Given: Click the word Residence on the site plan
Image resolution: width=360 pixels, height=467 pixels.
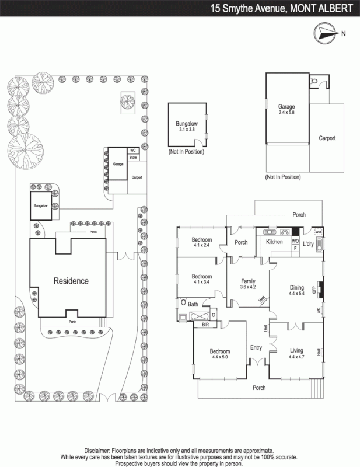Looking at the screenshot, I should coord(71,281).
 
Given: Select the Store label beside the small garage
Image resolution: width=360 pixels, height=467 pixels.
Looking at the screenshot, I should coord(133,158).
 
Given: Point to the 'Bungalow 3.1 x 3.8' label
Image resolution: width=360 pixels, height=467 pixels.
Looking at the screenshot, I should coord(187,127).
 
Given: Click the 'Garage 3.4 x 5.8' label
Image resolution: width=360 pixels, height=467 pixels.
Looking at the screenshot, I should coord(286,110).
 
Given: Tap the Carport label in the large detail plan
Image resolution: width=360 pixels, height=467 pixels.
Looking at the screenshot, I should coord(327,138).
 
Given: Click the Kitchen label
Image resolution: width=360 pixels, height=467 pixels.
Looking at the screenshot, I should coord(274,242).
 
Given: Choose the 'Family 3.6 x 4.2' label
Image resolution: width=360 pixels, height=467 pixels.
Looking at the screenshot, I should coord(248,284).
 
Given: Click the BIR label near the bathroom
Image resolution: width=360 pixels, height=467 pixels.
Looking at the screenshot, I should coord(205,324).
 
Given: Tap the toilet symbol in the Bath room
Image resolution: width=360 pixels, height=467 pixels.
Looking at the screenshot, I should coord(183,303).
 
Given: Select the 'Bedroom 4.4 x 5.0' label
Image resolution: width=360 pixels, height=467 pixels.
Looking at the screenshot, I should coord(220,354).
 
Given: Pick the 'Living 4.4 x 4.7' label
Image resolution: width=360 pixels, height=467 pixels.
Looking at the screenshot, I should coord(296,353).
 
